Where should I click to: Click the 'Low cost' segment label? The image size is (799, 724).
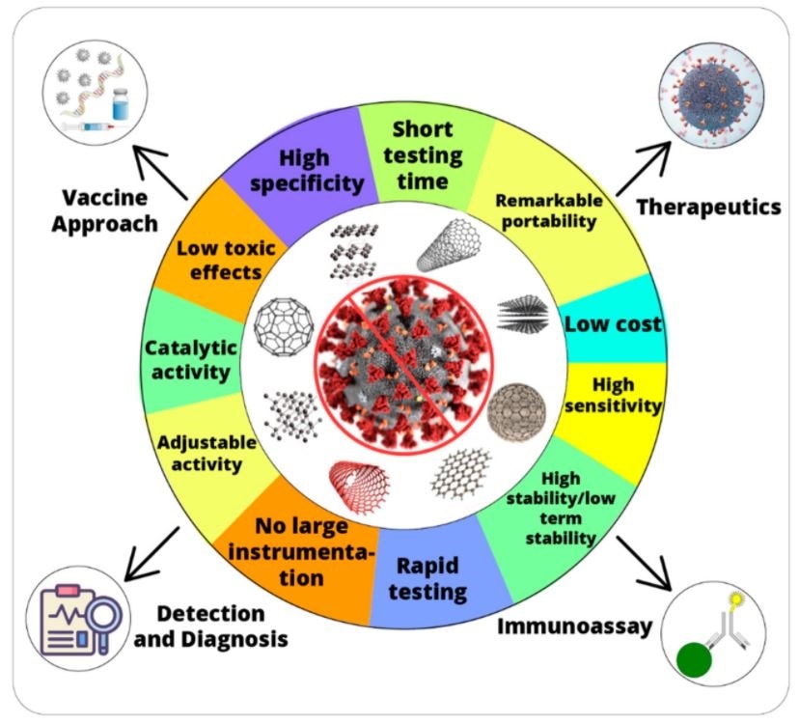(x=613, y=324)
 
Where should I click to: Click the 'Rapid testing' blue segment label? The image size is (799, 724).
(x=432, y=578)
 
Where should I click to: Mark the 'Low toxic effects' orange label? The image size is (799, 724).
(x=226, y=260)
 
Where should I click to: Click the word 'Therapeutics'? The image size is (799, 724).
(x=708, y=207)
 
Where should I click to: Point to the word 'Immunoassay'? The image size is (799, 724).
(x=575, y=627)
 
